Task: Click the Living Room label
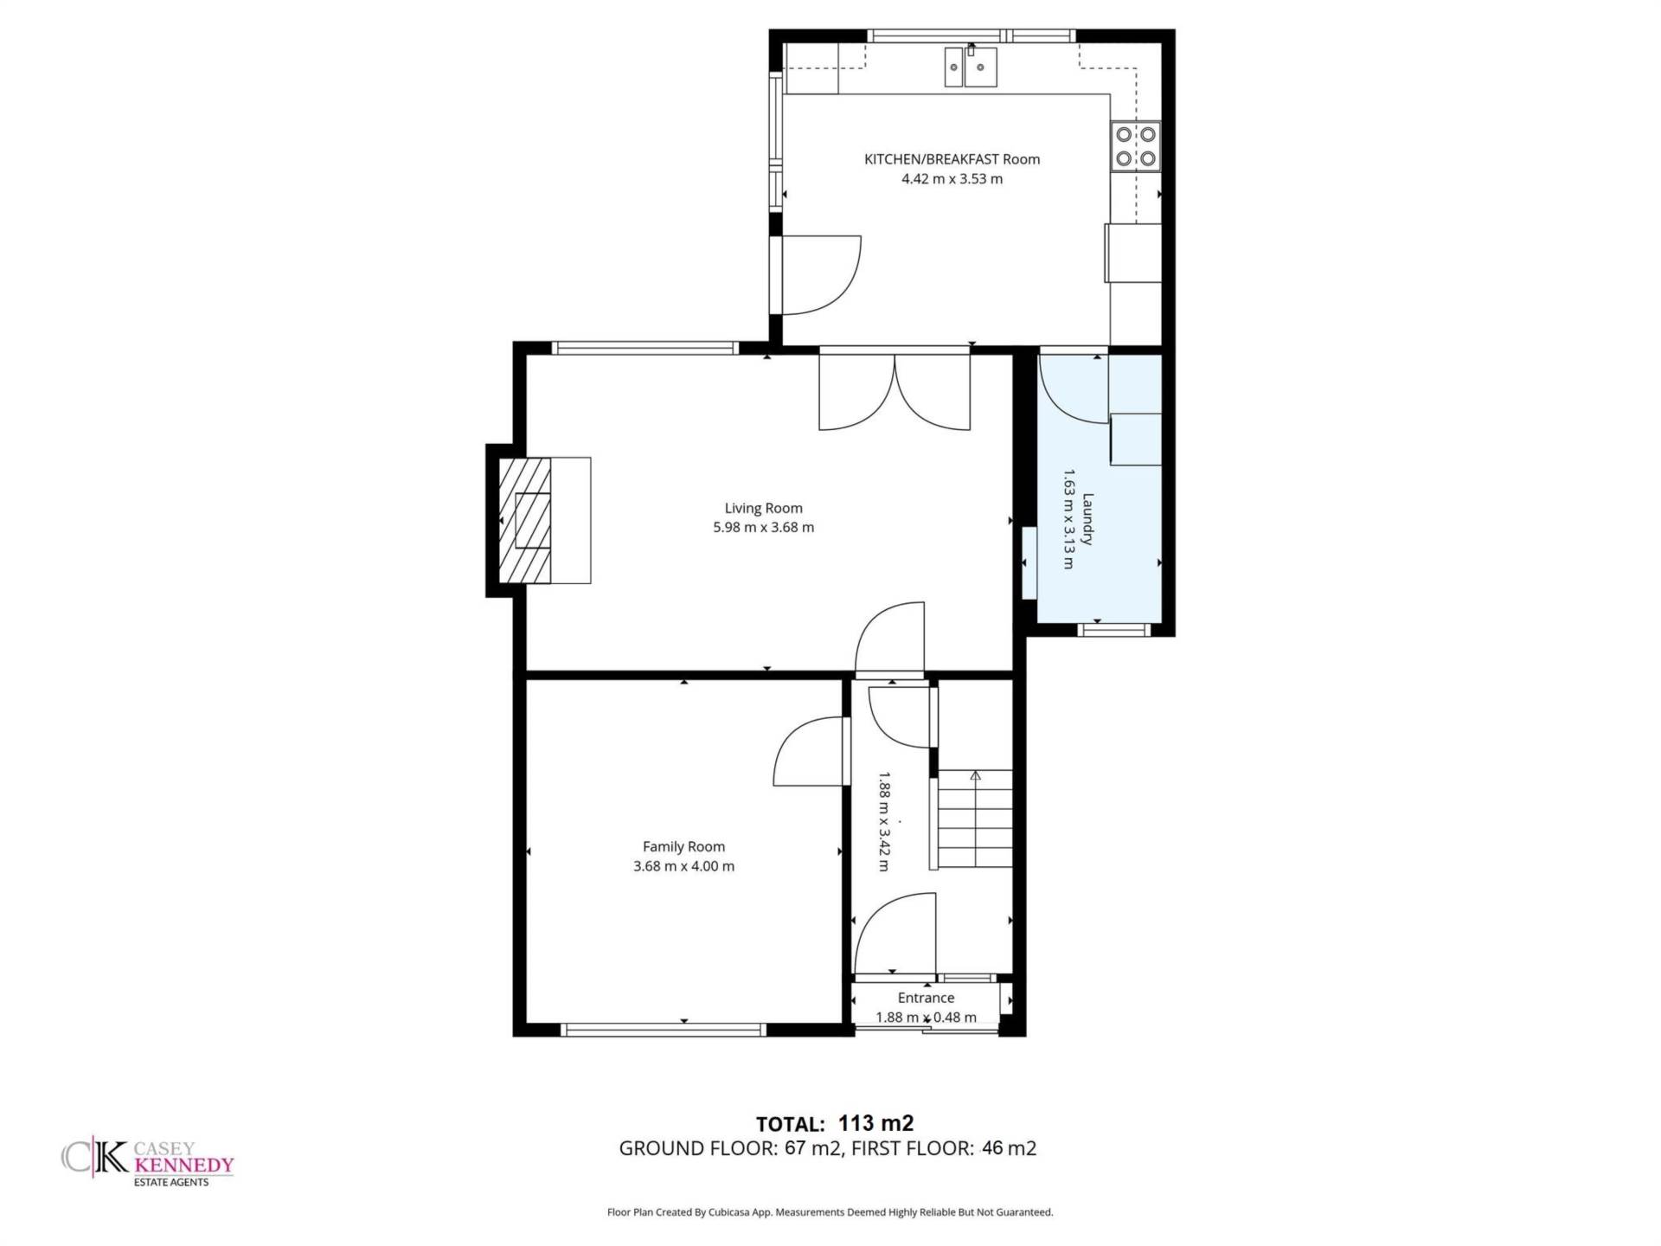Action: (763, 508)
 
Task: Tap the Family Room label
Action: (683, 846)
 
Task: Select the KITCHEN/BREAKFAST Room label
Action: (952, 159)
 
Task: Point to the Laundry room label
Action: (1087, 519)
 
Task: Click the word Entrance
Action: (926, 998)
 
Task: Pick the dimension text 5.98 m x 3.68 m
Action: (763, 527)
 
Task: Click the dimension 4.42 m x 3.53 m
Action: (952, 179)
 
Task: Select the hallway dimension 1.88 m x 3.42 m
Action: (884, 821)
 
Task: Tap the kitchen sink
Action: (971, 67)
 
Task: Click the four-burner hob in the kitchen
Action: (1136, 146)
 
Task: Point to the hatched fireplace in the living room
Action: (525, 520)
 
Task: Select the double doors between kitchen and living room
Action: (895, 392)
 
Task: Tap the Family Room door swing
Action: (807, 751)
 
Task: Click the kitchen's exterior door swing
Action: (821, 274)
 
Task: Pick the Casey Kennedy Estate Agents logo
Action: (148, 1163)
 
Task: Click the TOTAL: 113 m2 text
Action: (835, 1123)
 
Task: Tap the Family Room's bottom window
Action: (664, 1029)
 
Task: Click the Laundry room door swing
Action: (1074, 389)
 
